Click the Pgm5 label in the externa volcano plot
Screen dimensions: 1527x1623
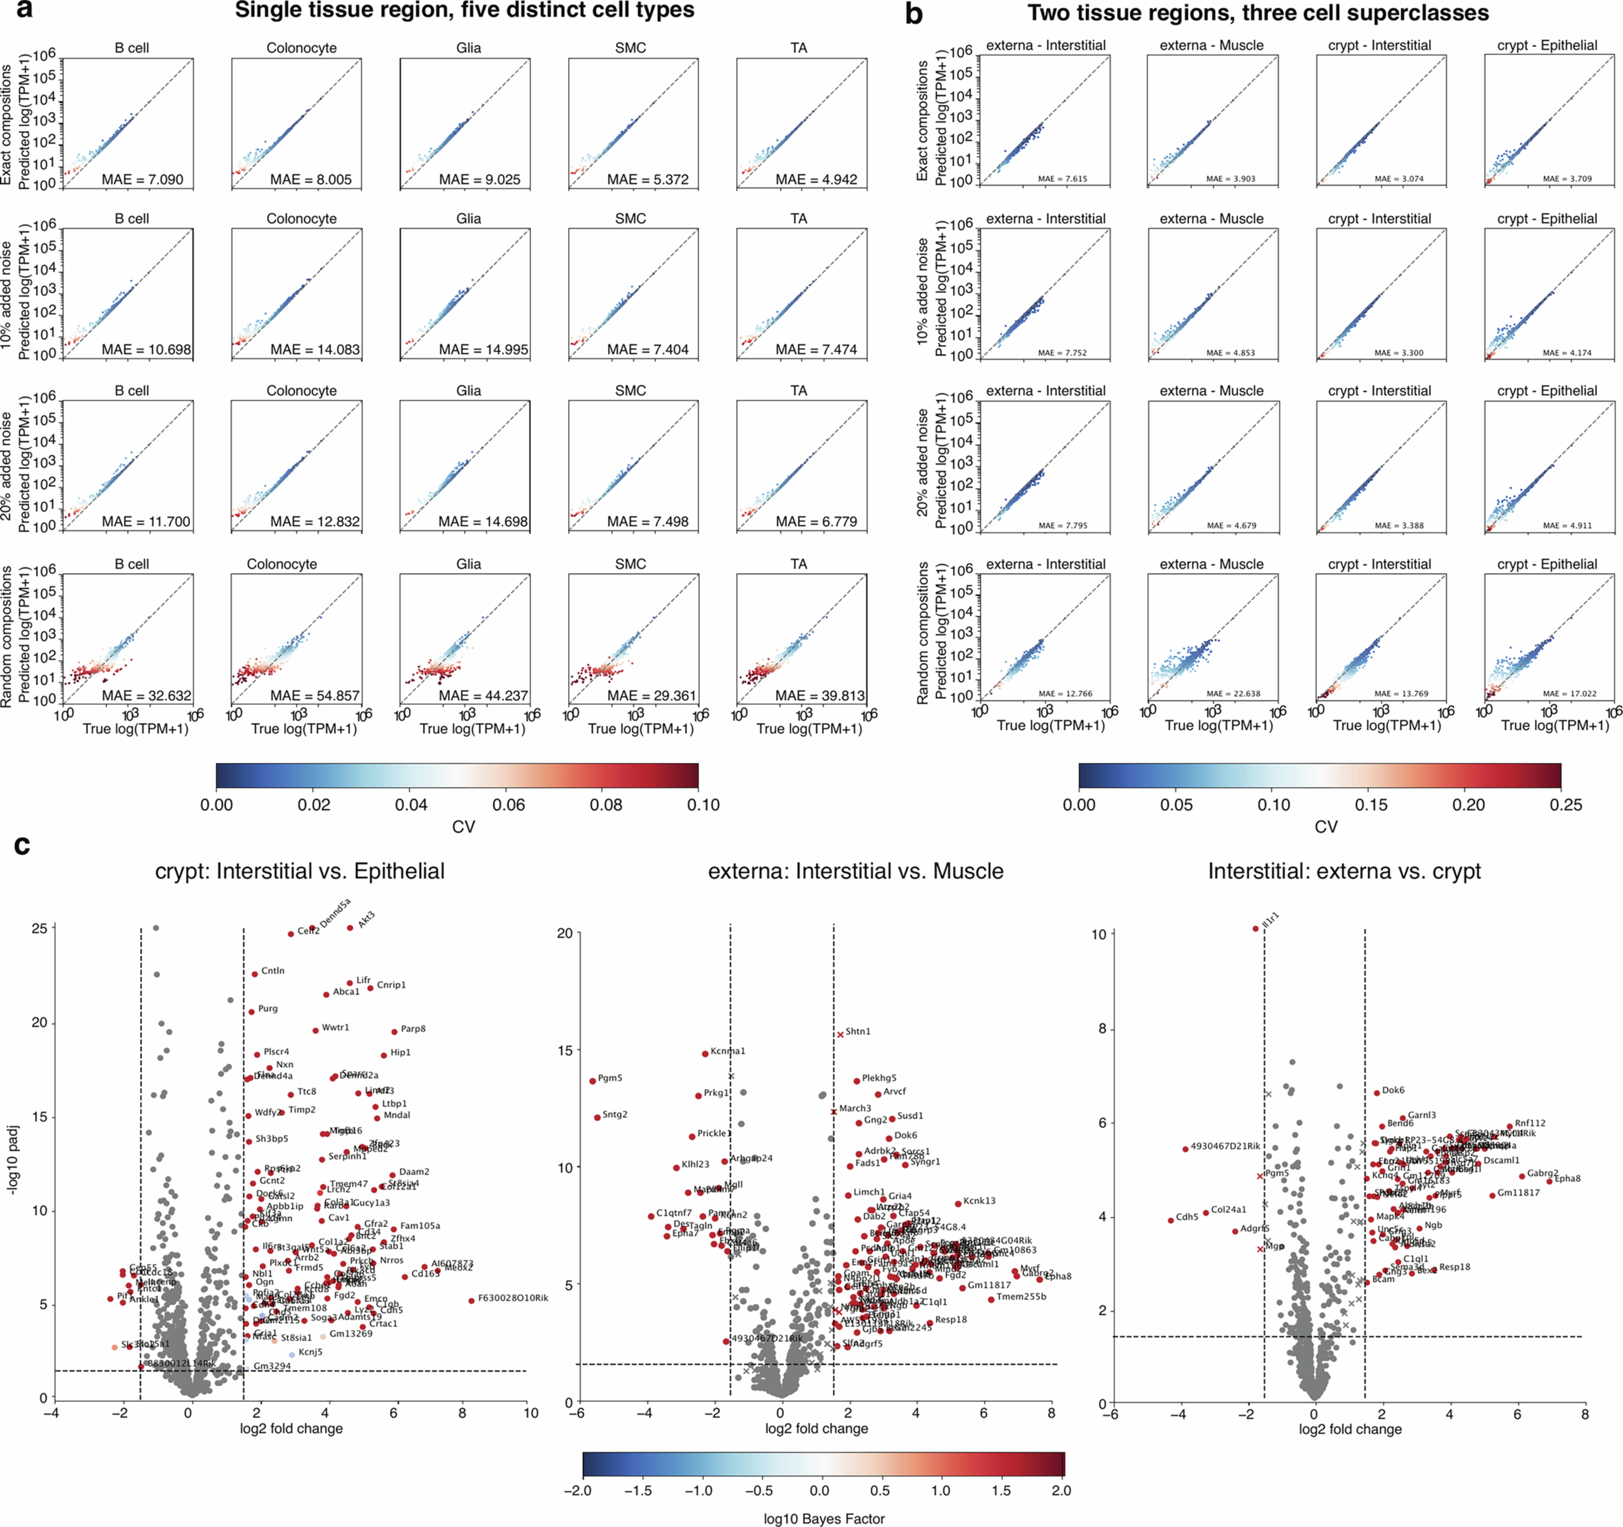[x=610, y=1078]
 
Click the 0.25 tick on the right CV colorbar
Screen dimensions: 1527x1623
[x=1565, y=805]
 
